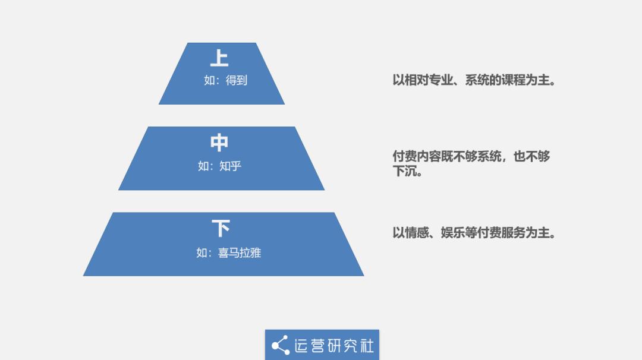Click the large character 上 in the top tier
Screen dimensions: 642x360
(219, 58)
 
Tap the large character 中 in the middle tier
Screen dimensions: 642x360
(219, 143)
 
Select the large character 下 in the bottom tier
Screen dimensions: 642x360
(221, 228)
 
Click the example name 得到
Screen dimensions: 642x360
(236, 80)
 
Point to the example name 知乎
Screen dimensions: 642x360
(230, 166)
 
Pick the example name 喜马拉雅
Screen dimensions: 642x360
(240, 253)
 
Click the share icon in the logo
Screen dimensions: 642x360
(281, 345)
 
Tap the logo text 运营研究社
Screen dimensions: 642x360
(334, 346)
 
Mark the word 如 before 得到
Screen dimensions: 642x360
(209, 80)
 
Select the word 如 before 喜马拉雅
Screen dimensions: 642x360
(202, 253)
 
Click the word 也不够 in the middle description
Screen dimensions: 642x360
(531, 156)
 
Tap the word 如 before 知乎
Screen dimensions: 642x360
(203, 166)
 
